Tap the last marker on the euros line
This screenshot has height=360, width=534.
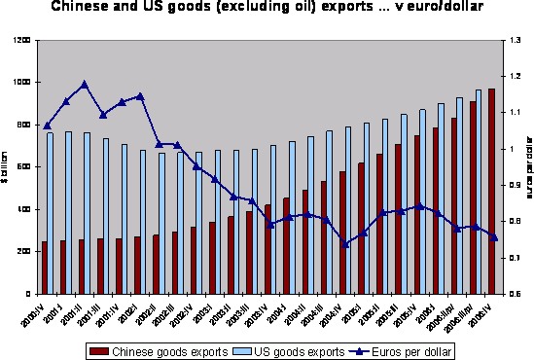pos(493,237)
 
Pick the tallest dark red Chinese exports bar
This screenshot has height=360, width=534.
pos(492,191)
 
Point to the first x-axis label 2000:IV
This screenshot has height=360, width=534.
pos(32,312)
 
